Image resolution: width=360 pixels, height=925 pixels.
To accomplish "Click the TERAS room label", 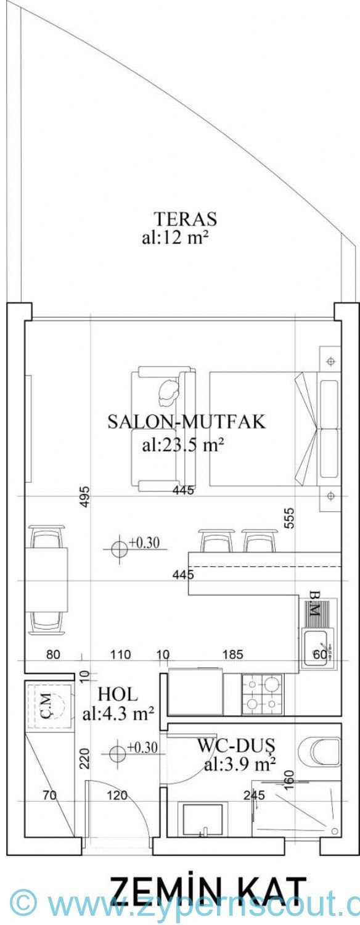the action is point(185,218).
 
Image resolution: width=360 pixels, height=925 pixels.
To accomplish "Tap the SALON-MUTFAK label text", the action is point(187,422).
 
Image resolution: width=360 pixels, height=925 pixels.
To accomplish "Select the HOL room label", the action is point(118,694).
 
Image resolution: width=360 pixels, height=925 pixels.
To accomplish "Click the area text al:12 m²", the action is point(174,238).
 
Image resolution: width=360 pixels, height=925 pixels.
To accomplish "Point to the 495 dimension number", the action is point(84,497).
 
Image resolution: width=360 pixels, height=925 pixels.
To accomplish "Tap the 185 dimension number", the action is point(233,654).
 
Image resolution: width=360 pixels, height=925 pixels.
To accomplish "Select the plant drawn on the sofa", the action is point(168,390).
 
